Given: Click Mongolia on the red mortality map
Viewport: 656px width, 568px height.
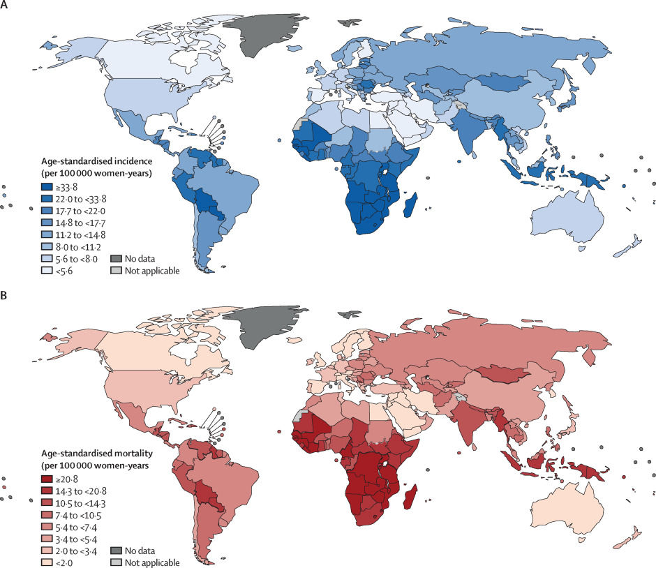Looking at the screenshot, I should point(507,373).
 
